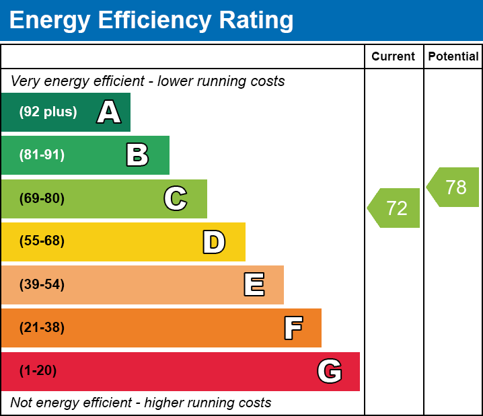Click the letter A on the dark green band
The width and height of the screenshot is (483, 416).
(x=109, y=112)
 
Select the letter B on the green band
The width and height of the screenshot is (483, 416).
(x=137, y=155)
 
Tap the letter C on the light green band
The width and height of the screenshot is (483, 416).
(x=175, y=199)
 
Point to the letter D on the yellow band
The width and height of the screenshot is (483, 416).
(x=214, y=242)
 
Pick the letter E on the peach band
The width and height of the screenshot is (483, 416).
(x=254, y=285)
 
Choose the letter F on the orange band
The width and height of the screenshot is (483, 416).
(x=293, y=328)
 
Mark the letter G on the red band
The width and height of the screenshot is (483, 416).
(x=330, y=371)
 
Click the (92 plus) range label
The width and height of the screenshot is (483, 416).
(x=48, y=112)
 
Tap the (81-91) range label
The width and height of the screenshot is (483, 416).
(x=42, y=155)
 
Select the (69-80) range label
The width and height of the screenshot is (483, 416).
(x=42, y=199)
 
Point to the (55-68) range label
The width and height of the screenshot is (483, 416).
(x=42, y=241)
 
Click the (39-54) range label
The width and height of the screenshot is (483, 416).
(x=42, y=285)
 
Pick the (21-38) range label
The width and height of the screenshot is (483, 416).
(x=42, y=328)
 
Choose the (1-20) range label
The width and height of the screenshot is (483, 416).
(x=38, y=371)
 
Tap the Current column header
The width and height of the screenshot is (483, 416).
(x=394, y=57)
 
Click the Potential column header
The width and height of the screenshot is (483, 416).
(x=453, y=57)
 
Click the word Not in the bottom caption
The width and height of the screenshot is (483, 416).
(x=22, y=403)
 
